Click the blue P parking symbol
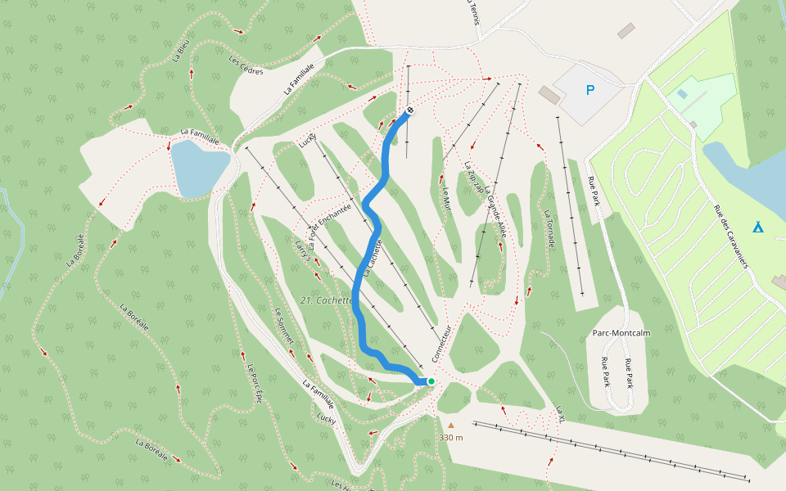tap(589, 90)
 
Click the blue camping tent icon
tap(758, 227)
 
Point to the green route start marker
tap(431, 381)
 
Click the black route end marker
tap(410, 111)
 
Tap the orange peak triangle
tap(450, 425)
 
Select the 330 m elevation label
tap(451, 438)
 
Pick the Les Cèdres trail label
tap(246, 65)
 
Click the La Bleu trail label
tap(181, 52)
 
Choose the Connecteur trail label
tap(441, 343)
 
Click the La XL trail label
tap(561, 414)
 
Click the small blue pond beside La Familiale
tap(196, 167)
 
